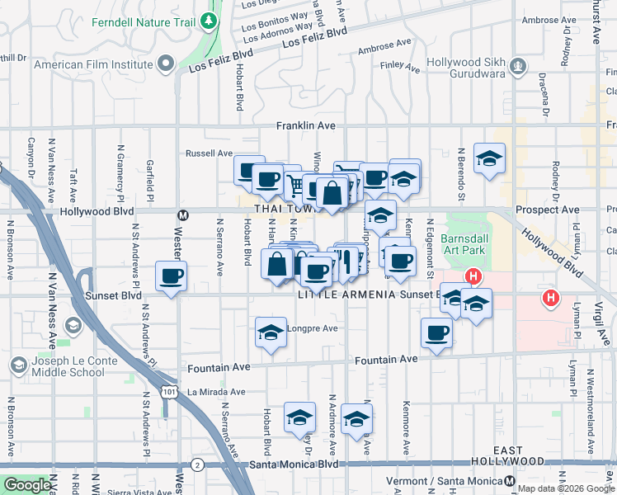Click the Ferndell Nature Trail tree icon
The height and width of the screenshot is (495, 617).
tap(211, 19)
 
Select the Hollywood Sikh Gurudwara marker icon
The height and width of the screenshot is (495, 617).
tap(517, 64)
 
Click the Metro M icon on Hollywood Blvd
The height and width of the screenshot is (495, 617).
tap(183, 214)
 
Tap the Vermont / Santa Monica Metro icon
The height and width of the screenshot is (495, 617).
tap(511, 481)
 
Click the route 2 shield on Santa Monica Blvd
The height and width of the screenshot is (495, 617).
tap(197, 465)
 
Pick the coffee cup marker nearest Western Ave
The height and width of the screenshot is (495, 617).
tap(171, 277)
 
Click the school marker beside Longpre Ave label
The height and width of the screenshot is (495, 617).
tap(271, 332)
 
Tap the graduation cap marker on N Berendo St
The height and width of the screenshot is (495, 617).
tap(490, 159)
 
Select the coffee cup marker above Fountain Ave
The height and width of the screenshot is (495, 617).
tap(436, 332)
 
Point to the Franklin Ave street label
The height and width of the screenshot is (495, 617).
tap(305, 125)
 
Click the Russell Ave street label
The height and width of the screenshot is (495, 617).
tap(210, 153)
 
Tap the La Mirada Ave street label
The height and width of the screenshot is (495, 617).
tap(215, 392)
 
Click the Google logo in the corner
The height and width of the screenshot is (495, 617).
tap(26, 485)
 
